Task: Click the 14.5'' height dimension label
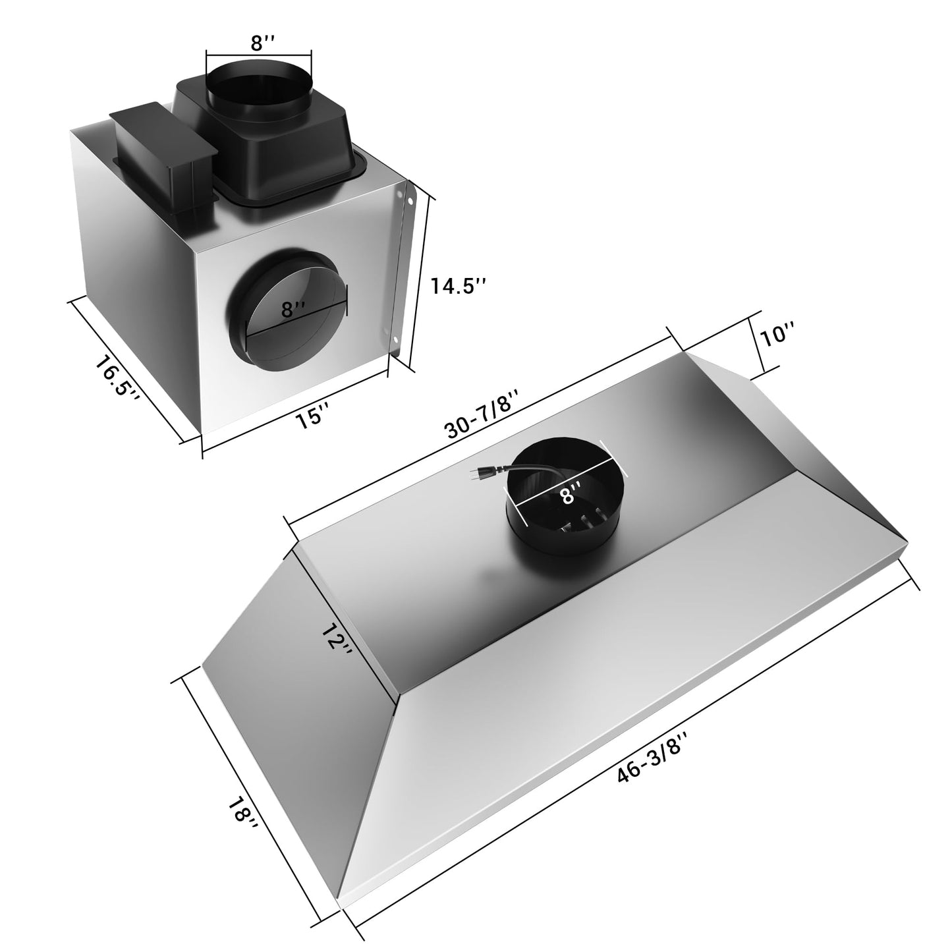[x=459, y=286]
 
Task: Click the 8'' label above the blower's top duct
[x=258, y=42]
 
